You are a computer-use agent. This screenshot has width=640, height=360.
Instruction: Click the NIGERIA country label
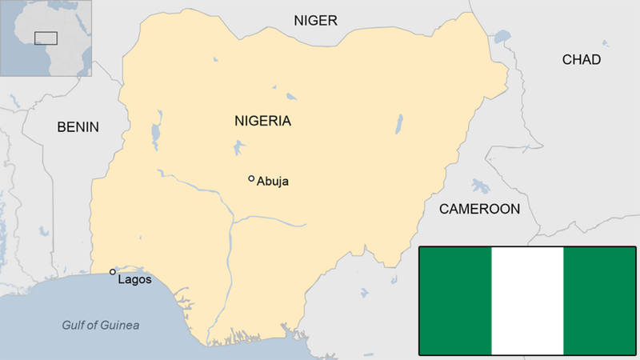coord(262,122)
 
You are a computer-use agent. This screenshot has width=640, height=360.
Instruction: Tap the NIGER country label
coord(315,21)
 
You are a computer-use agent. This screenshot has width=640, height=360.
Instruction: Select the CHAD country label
coord(581,60)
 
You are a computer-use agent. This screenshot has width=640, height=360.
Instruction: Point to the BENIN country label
coord(78,126)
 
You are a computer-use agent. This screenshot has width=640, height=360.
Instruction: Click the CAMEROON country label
coord(479,209)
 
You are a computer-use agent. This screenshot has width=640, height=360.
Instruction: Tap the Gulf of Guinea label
coord(101,325)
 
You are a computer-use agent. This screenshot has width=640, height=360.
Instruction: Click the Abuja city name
coord(272,182)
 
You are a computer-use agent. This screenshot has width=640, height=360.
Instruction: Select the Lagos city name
coord(134,280)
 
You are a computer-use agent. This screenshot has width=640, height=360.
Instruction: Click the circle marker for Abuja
coord(251,178)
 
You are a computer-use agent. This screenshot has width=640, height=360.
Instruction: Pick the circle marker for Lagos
coord(113,272)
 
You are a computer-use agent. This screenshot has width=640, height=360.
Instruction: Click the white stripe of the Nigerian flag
coord(527,301)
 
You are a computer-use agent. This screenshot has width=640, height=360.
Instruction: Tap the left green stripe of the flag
coord(455,301)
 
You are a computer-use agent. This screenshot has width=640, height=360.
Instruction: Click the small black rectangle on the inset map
coord(46,37)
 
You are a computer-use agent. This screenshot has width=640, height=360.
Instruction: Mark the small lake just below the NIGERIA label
coord(238,147)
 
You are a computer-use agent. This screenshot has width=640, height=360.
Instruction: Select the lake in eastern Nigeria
coord(398,124)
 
